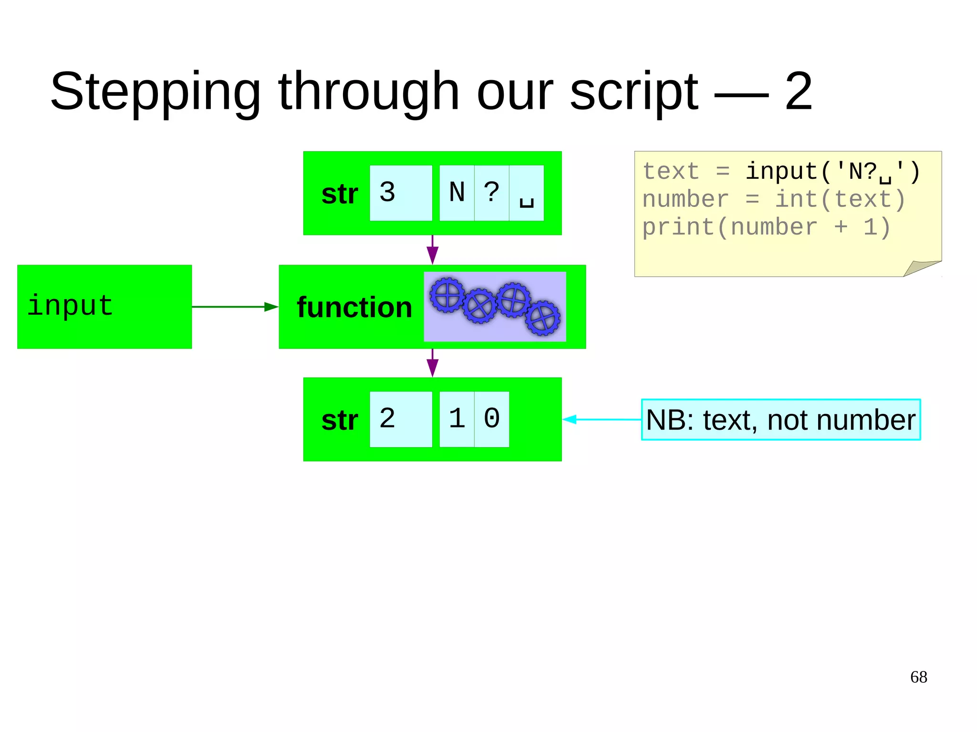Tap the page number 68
(918, 677)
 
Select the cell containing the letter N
(457, 193)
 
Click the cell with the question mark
(491, 193)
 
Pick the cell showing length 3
(400, 193)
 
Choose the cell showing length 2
(400, 419)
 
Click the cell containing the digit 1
(457, 419)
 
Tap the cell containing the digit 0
(491, 419)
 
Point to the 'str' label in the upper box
(339, 194)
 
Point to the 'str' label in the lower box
(339, 420)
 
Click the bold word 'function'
(354, 307)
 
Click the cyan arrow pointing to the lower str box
(601, 419)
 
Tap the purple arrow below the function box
(432, 363)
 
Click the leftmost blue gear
(447, 295)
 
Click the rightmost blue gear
(543, 318)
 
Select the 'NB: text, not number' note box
(780, 420)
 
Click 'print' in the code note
(678, 227)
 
